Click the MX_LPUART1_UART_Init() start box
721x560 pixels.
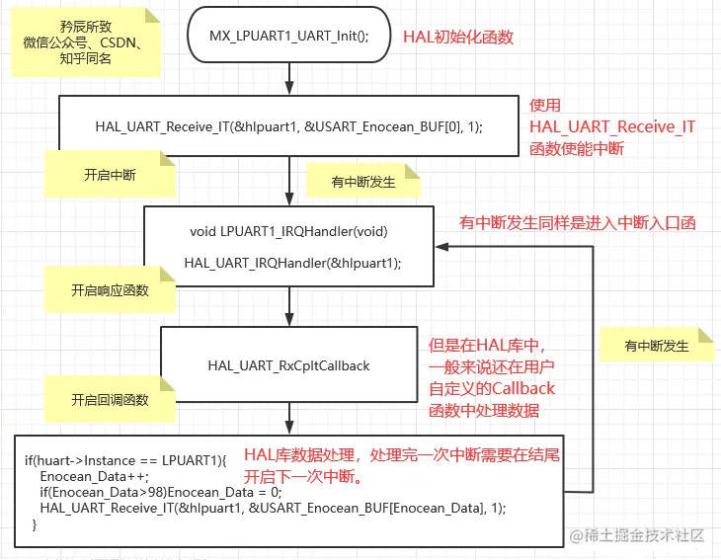[x=288, y=37]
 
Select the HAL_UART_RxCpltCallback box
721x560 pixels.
[x=288, y=365]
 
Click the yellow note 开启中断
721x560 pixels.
[x=110, y=175]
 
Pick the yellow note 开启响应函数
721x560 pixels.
[x=110, y=290]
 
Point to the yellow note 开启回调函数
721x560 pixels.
[x=110, y=400]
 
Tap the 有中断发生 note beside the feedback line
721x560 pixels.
[x=656, y=346]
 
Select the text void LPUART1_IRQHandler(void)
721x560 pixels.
[x=288, y=231]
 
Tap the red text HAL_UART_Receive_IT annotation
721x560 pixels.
[x=611, y=126]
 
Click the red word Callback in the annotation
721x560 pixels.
[x=521, y=387]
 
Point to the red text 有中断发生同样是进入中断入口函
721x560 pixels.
[x=577, y=223]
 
